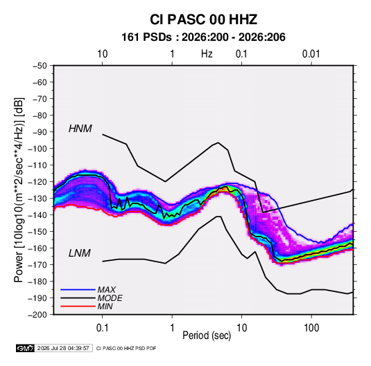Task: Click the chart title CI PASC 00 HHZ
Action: [203, 19]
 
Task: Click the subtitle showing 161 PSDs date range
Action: [203, 37]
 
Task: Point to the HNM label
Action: [80, 129]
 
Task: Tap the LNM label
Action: [80, 253]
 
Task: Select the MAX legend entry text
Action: [107, 290]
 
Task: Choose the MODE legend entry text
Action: [110, 298]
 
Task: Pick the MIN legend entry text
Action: [105, 306]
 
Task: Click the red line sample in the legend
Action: [78, 306]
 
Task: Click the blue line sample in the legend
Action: [78, 289]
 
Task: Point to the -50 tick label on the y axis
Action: [40, 66]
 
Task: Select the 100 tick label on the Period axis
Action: [311, 328]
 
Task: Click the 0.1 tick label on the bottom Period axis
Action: [102, 328]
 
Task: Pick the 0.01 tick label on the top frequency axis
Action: [311, 54]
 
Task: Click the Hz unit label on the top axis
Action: [207, 54]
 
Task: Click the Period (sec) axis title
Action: [207, 336]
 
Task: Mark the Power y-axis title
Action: [19, 190]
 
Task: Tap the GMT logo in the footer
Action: [25, 348]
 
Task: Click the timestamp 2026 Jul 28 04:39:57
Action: [63, 348]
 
